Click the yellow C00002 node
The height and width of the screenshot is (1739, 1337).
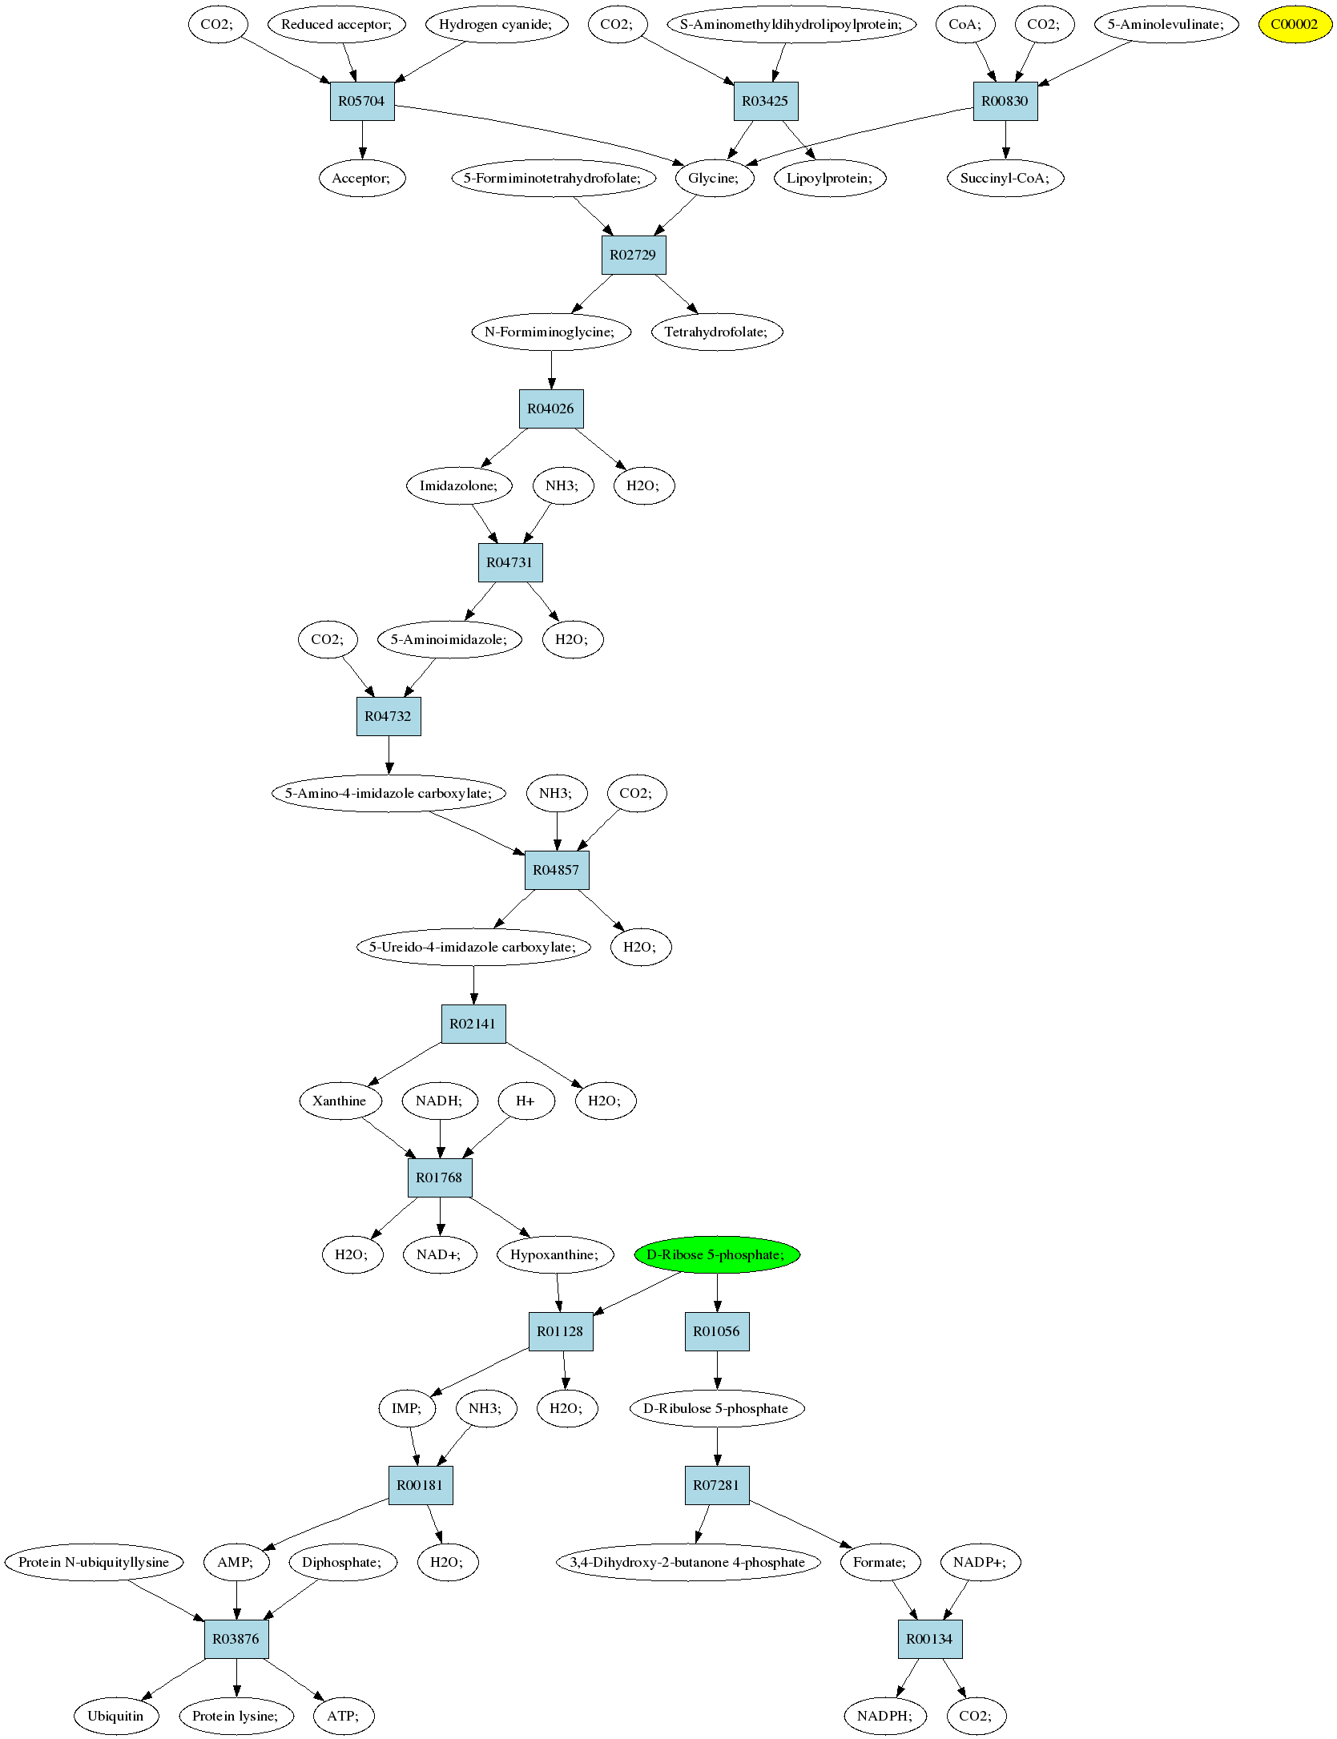1295,24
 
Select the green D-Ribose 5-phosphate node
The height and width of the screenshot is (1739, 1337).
716,1254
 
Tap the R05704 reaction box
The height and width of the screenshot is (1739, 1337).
362,101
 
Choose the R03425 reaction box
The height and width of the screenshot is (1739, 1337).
766,101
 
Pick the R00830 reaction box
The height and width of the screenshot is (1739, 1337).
1005,101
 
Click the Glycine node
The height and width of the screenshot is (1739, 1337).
714,178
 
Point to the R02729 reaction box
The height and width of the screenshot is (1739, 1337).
634,255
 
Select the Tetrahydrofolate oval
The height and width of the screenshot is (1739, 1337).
717,332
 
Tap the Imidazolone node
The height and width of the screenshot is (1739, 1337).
459,485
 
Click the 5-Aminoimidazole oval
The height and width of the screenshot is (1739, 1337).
449,639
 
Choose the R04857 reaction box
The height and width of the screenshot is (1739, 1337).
557,870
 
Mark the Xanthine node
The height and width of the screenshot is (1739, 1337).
340,1101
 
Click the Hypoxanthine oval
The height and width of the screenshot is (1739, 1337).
555,1254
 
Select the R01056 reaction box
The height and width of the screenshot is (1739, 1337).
717,1331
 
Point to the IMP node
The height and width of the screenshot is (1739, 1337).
406,1408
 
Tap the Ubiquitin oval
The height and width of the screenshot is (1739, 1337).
116,1716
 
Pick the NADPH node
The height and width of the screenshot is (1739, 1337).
884,1716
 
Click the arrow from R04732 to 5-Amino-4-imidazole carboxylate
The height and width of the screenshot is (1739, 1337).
389,755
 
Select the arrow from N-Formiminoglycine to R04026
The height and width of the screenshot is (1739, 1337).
551,370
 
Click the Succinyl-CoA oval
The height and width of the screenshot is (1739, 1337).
1005,178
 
